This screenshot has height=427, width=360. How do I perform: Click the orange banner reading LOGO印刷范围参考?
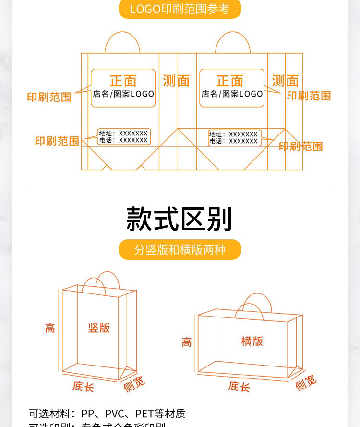(180, 9)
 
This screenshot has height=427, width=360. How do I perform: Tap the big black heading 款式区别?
(180, 219)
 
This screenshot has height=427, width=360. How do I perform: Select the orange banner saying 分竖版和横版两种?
(180, 250)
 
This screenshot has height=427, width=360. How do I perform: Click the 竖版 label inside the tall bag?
(99, 328)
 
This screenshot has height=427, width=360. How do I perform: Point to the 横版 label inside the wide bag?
(252, 341)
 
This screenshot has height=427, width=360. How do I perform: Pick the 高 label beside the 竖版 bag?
(50, 329)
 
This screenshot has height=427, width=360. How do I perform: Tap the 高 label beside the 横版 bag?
(187, 342)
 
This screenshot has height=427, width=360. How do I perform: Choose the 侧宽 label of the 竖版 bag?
(134, 384)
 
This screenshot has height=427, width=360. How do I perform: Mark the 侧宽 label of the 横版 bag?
(306, 383)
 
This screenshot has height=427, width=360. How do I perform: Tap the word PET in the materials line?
(144, 414)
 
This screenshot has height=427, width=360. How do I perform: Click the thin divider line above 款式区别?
(180, 190)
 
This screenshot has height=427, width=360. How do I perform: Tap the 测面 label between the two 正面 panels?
(176, 81)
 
